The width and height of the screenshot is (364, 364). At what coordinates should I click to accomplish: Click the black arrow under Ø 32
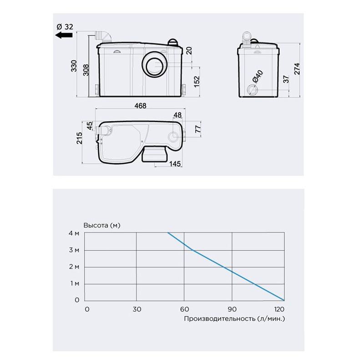pos(64,35)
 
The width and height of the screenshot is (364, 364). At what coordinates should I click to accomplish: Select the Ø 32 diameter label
pos(65,27)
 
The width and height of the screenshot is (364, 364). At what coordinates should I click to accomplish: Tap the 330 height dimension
pos(74,66)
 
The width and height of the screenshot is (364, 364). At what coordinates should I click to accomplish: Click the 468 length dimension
pos(141,106)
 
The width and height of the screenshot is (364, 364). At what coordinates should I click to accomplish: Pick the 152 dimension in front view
pos(197,81)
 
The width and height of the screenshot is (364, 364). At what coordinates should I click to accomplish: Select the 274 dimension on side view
pos(297,69)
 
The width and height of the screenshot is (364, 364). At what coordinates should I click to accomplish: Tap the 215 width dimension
pos(79,138)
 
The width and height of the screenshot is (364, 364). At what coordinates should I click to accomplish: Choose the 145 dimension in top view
pos(175,164)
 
